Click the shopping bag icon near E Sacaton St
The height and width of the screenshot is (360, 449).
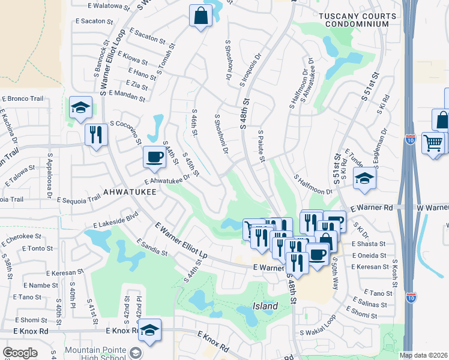coord(200,16)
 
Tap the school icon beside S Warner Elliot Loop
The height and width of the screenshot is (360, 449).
coord(80,107)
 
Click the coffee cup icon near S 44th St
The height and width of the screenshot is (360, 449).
coord(154,157)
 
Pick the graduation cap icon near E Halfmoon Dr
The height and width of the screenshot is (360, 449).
coord(364,179)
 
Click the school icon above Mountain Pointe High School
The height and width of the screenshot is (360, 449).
coord(149,329)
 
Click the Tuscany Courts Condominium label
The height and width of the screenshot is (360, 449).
coord(357,20)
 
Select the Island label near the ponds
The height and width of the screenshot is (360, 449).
coord(265,306)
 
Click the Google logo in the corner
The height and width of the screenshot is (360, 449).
coord(20,352)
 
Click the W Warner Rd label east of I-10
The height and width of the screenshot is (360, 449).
coord(432,208)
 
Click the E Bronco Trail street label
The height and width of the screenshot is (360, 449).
coord(24,98)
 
